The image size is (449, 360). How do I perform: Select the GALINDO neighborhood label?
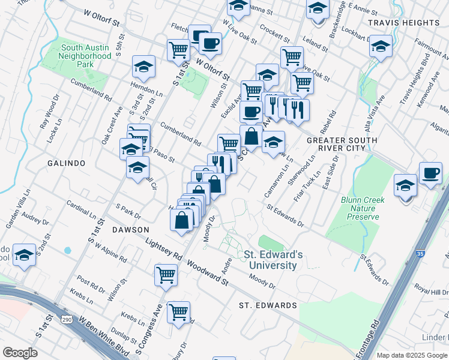[x=67, y=163]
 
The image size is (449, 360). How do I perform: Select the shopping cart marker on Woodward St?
[x=166, y=275]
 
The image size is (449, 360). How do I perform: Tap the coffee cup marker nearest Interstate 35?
[x=430, y=173]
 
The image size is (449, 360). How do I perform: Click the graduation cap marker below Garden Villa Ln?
[x=25, y=256]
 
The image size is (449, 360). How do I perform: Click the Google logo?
[x=20, y=353]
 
